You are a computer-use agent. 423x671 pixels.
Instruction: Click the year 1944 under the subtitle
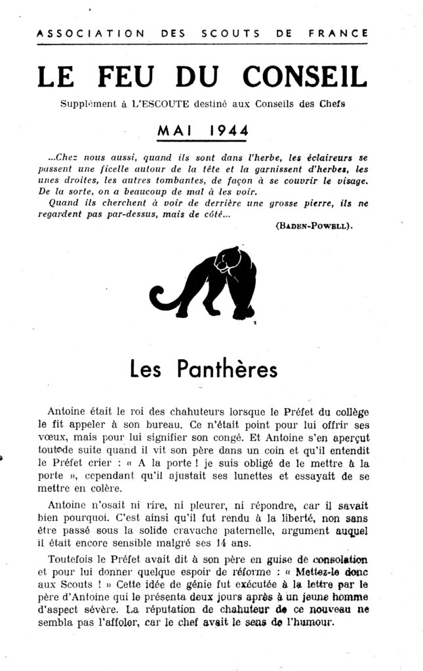225,129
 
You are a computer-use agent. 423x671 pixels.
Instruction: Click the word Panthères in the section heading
228,370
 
